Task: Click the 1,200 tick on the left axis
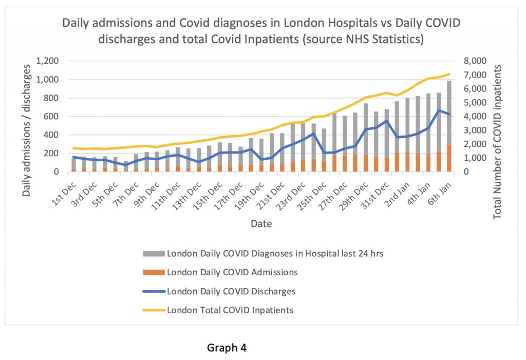(47, 61)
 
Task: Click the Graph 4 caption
(227, 348)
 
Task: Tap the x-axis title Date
(261, 224)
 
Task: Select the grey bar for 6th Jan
(448, 113)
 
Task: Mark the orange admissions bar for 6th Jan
(448, 159)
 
